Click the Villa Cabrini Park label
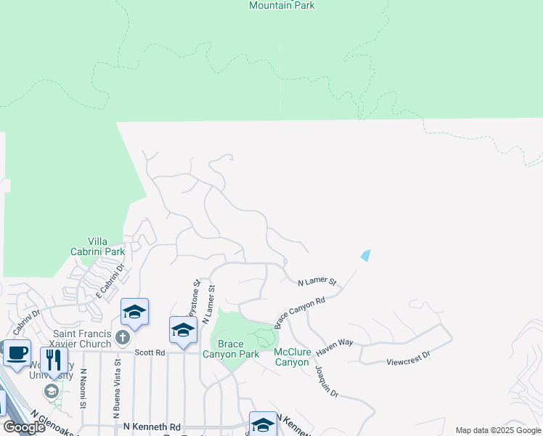tap(106, 246)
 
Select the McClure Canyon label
tap(293, 357)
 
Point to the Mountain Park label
tap(282, 5)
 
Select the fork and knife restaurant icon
tap(54, 360)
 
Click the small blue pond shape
tap(365, 256)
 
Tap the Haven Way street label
tap(333, 350)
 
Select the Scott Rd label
tap(150, 352)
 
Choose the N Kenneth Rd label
tap(152, 427)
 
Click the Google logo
tap(24, 427)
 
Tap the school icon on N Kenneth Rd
tap(263, 424)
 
